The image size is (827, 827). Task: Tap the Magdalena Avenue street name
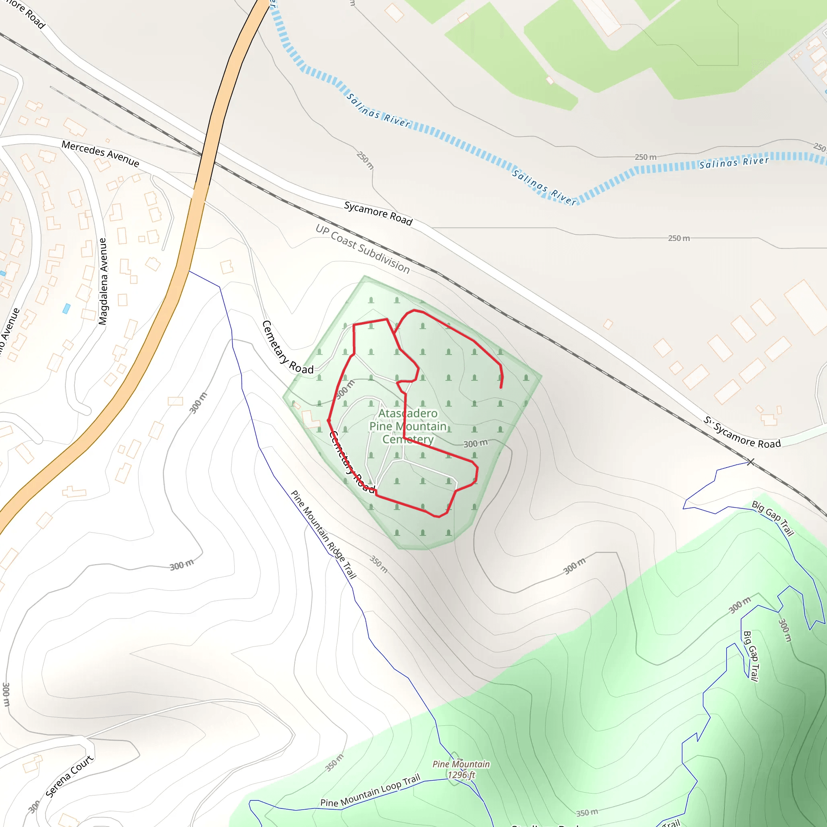pos(103,281)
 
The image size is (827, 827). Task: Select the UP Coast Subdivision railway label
pos(363,249)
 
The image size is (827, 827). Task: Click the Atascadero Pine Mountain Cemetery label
pos(408,426)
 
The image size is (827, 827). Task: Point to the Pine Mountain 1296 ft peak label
pos(461,769)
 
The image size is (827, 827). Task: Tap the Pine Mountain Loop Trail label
pos(370,791)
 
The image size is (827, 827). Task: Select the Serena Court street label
pos(69,777)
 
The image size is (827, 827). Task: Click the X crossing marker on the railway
pos(750,462)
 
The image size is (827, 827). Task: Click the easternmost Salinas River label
pos(734,163)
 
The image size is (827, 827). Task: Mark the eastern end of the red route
pos(501,388)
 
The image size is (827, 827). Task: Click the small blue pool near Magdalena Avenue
pos(66,309)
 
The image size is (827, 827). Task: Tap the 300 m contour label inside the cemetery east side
pos(475,443)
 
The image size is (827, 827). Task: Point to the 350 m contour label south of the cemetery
pos(379,565)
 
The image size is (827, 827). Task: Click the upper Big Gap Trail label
pos(773,518)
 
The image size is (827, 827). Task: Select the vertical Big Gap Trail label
pos(751,656)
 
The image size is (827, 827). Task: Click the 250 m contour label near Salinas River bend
pos(646,157)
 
